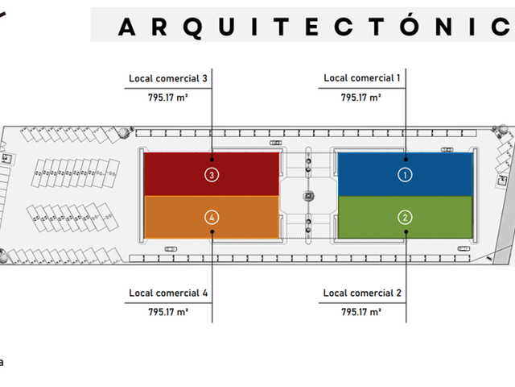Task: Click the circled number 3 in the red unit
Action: tap(212, 175)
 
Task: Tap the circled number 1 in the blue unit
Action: tap(405, 175)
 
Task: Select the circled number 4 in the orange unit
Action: tap(212, 218)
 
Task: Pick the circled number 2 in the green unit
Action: tap(405, 218)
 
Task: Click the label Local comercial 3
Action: tap(168, 79)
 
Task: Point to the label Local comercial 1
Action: tap(361, 78)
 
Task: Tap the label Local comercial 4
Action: tap(168, 293)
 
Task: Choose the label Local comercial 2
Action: tap(362, 293)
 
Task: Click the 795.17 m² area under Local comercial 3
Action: tap(168, 98)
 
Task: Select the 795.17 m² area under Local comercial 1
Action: tap(361, 98)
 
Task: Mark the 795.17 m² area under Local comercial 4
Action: tap(168, 312)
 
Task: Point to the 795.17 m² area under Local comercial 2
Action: tap(361, 312)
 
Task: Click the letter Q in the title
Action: tap(193, 27)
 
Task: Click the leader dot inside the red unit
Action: tap(212, 160)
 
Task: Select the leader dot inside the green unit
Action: tap(406, 231)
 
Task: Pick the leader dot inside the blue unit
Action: tap(406, 160)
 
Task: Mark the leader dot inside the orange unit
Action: tap(212, 231)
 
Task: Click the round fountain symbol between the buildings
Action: tap(308, 196)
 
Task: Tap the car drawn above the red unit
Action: tap(275, 143)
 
